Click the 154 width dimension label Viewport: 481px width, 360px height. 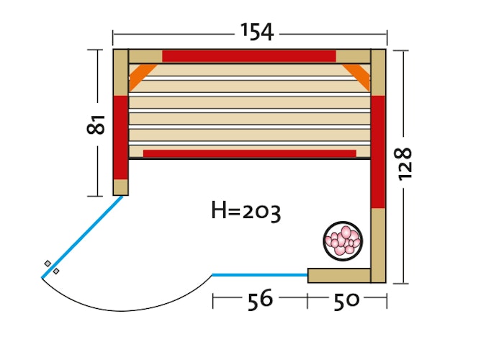tap(257, 32)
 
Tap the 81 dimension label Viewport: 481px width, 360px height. tap(96, 125)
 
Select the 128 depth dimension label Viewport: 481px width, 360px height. tap(404, 164)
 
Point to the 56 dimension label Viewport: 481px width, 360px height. tap(260, 300)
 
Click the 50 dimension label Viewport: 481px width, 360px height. tap(346, 301)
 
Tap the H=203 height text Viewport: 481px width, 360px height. tap(246, 211)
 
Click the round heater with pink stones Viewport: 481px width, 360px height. tap(343, 241)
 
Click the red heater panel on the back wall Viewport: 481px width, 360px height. tap(249, 56)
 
